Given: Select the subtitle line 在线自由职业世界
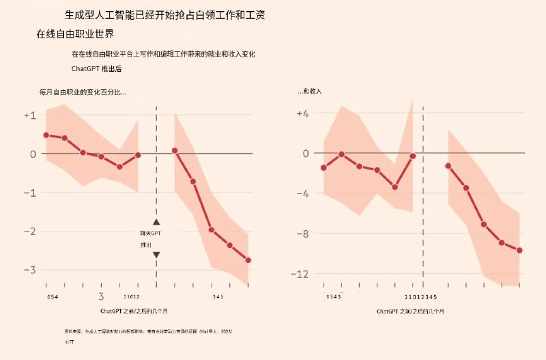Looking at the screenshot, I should tap(75, 33).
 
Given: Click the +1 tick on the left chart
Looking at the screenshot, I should tap(29, 115).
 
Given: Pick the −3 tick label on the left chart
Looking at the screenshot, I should tap(29, 270).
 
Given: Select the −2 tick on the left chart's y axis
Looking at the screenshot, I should tap(29, 232).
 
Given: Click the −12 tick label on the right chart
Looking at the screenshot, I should tap(300, 274).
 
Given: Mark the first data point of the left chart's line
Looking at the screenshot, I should tap(46, 135).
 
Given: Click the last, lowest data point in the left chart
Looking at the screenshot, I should tap(248, 260).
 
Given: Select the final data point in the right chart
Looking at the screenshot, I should tap(519, 250).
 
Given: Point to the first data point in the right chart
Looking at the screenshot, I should tap(324, 168).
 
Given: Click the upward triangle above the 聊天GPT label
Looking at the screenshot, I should tap(156, 222).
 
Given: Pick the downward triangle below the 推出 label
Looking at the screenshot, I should tap(156, 255).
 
